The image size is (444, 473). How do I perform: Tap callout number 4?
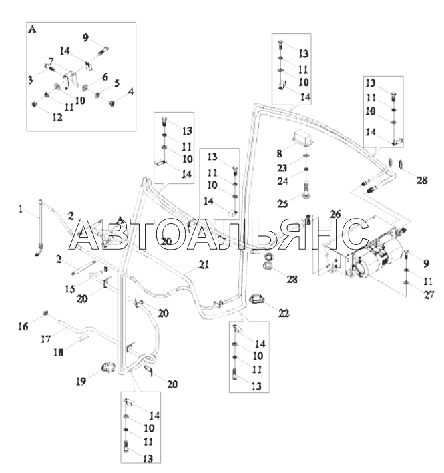point(130,90)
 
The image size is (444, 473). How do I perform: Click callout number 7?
point(50,61)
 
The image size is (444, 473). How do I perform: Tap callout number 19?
point(81,382)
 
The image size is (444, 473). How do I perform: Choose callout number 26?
point(335,215)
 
